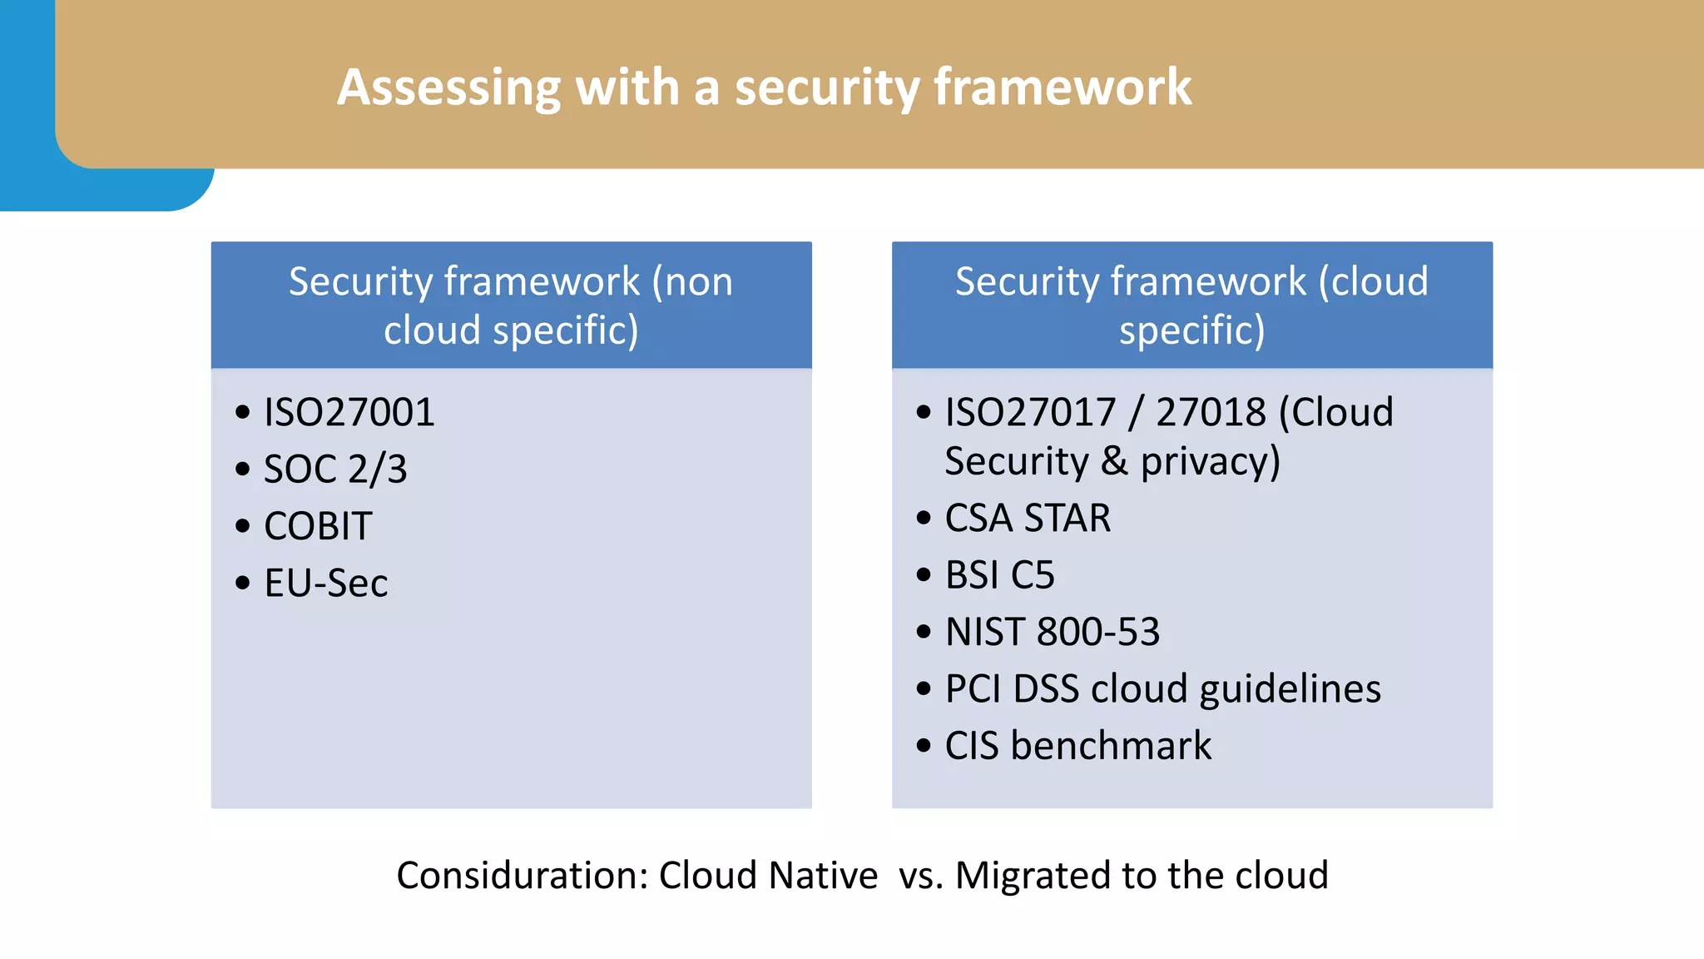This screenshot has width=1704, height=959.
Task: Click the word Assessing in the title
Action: point(449,87)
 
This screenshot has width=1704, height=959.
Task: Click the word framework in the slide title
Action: point(1063,87)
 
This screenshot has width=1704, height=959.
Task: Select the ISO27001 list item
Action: point(349,413)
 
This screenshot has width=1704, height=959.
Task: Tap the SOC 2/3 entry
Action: point(335,470)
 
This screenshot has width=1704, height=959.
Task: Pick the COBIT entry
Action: point(318,526)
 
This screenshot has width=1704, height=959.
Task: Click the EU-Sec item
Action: point(325,584)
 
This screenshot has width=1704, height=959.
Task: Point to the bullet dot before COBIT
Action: point(243,527)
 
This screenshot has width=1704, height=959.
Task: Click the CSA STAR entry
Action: point(1028,519)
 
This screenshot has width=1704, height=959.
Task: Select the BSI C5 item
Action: point(999,575)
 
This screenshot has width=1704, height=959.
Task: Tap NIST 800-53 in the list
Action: point(1052,633)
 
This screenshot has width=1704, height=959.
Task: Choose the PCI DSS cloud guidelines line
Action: point(1162,689)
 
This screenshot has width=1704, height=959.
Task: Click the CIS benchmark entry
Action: point(1077,746)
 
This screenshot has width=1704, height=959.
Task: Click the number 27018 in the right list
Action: point(1211,413)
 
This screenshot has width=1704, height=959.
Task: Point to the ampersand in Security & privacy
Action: point(1114,462)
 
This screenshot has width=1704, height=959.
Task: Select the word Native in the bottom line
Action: point(823,876)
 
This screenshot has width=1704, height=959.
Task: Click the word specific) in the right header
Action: point(1191,330)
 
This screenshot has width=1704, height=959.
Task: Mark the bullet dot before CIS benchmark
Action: point(924,746)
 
